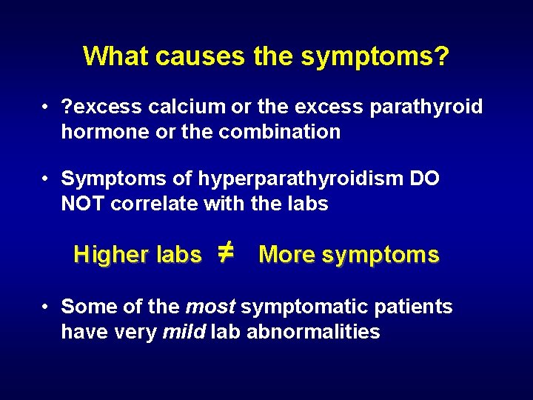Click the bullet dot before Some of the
point(46,307)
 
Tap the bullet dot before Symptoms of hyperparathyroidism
point(46,179)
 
